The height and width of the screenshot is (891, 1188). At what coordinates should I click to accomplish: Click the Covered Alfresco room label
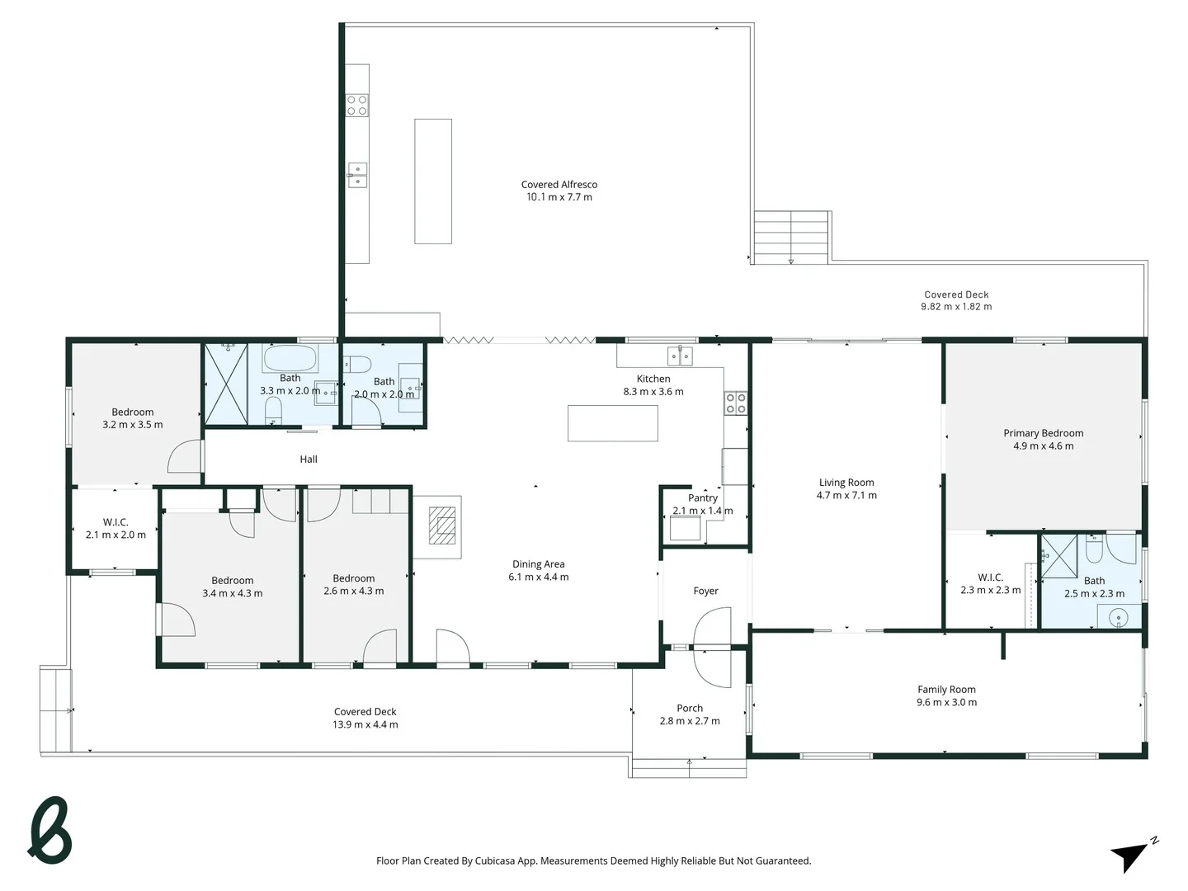[559, 185]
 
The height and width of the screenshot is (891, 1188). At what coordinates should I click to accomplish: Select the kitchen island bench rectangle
[612, 423]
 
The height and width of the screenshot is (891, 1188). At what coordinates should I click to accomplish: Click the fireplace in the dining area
[442, 526]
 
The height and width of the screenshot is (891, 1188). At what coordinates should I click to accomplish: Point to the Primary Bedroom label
[1043, 433]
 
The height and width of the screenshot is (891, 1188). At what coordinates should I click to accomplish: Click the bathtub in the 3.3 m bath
[289, 360]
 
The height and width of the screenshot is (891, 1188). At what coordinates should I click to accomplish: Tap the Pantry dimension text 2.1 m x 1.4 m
[702, 511]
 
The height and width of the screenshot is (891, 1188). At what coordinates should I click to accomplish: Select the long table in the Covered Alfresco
[432, 181]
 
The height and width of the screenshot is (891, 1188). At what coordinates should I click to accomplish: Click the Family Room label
[946, 690]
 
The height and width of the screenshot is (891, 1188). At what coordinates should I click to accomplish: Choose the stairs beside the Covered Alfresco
[790, 237]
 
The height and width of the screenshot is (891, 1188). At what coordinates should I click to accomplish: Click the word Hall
[309, 460]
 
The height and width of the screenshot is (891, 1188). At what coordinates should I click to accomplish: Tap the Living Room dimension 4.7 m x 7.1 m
[846, 496]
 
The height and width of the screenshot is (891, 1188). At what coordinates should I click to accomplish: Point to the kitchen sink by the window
[681, 356]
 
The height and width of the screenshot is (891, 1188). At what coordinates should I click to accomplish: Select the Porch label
[690, 708]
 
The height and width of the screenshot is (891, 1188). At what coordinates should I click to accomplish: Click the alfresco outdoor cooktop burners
[357, 105]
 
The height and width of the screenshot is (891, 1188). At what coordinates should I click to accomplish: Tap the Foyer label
[705, 591]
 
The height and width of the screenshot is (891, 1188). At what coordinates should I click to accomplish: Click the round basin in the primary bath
[1118, 615]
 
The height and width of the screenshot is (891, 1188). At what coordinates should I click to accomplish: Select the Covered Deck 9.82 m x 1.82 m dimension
[956, 307]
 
